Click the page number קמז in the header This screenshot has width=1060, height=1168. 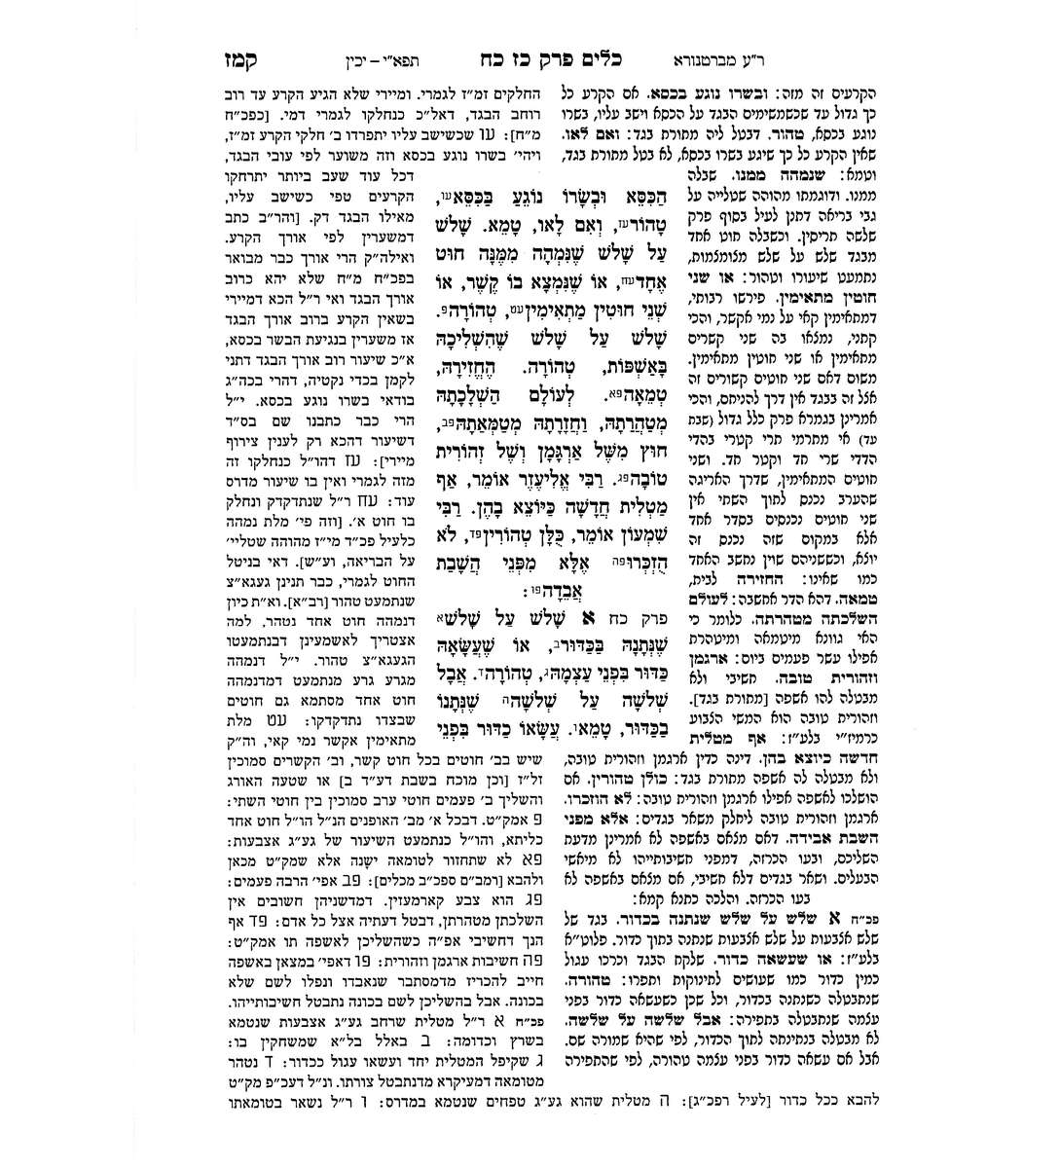point(237,56)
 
